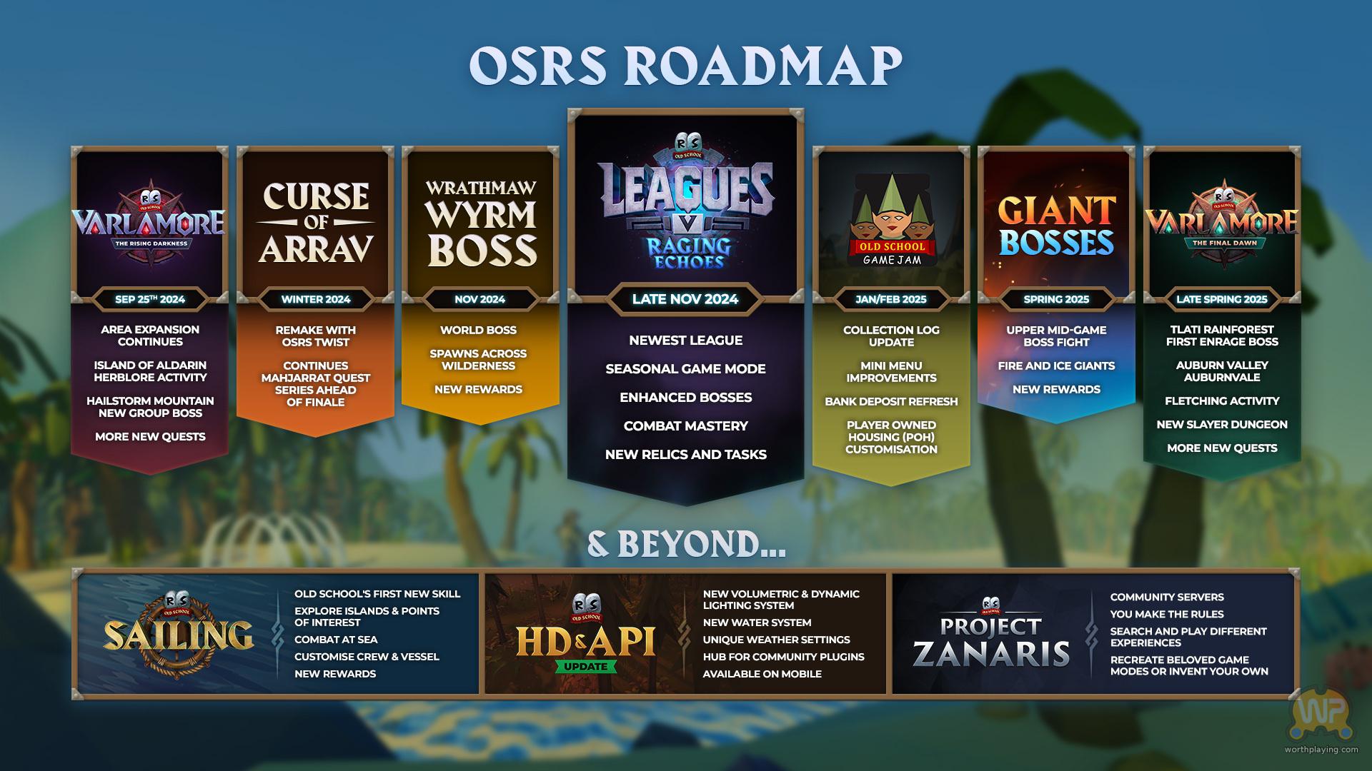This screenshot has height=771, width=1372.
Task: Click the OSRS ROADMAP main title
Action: click(685, 66)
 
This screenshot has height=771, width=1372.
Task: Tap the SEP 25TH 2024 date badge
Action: click(150, 299)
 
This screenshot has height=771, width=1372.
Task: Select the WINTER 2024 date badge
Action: click(316, 299)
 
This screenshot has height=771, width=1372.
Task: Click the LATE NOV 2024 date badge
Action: click(685, 299)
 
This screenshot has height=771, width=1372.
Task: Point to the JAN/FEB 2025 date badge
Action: click(891, 299)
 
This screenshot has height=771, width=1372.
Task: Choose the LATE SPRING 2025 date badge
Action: click(1222, 299)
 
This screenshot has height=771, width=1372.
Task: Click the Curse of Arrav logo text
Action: click(316, 223)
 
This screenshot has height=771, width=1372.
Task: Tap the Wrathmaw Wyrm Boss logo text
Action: click(481, 223)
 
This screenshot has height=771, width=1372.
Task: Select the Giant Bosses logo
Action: click(1056, 226)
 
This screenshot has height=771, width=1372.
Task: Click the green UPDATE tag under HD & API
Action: click(586, 667)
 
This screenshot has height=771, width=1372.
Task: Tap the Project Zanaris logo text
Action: click(991, 641)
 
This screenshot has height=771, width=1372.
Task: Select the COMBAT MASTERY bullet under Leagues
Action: click(685, 426)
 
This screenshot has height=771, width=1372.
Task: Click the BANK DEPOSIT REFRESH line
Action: click(891, 402)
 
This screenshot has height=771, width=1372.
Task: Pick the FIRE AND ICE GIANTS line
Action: click(1056, 366)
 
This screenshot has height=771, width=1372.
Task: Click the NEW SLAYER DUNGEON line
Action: click(1222, 425)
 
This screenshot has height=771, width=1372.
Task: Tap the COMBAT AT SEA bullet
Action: click(336, 640)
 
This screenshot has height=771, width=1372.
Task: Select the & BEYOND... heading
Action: click(686, 544)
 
